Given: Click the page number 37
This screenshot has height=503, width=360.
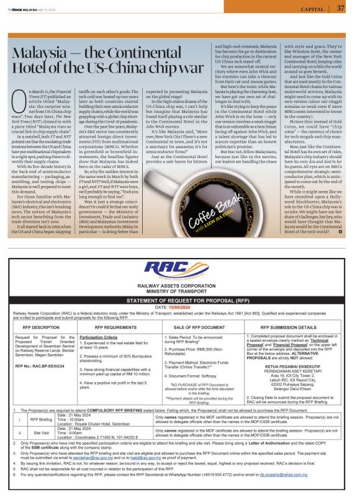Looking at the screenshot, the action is (341, 8).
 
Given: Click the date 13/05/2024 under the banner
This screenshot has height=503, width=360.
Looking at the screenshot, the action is (180, 306).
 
